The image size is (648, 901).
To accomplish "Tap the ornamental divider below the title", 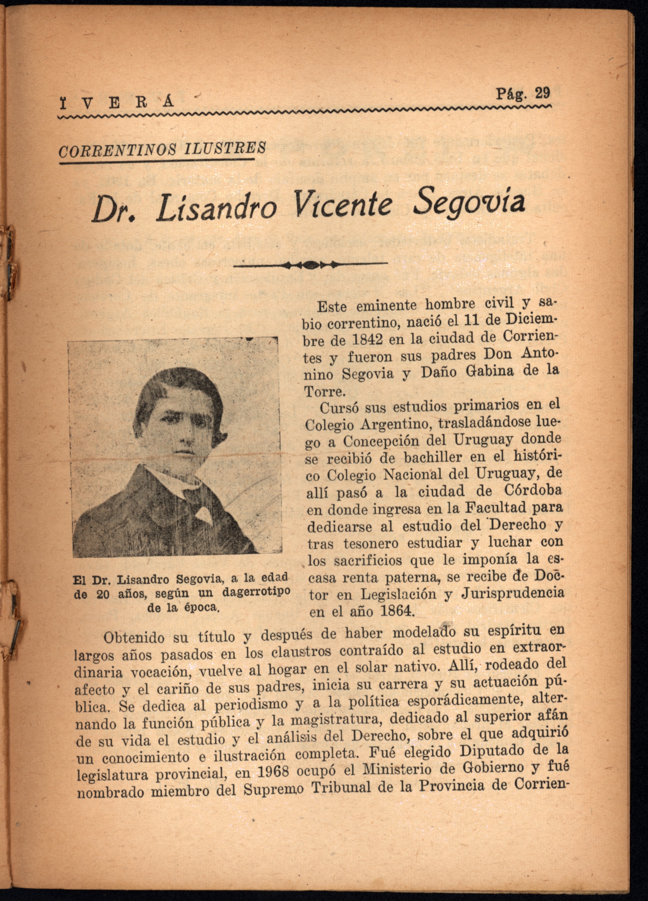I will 310,264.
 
